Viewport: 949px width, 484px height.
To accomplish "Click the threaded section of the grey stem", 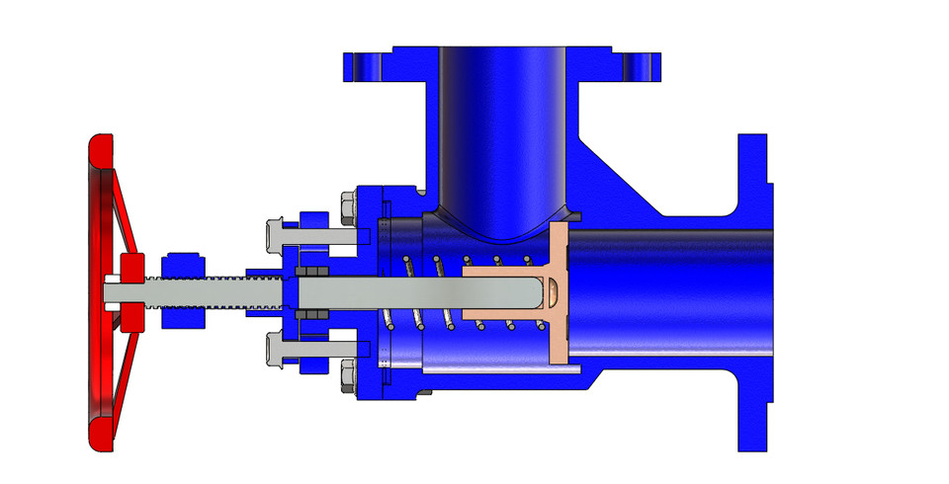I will pos(213,292).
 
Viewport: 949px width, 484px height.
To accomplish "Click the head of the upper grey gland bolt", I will pos(276,234).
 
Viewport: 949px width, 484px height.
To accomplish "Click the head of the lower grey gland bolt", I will pos(276,351).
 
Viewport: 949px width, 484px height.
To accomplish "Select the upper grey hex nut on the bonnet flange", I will pos(348,205).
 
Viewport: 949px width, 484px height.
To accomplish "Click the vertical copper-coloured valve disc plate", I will pos(559,296).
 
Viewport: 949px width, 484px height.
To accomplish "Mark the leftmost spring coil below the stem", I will pos(390,320).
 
